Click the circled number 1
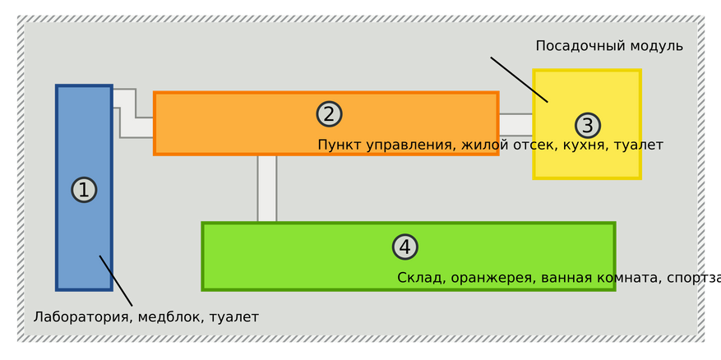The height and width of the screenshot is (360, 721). coord(84,190)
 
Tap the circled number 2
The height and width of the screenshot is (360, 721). coord(329,114)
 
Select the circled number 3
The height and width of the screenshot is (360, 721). coord(587,126)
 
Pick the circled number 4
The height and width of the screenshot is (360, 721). coord(404,247)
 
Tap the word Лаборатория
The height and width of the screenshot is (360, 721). coord(81,317)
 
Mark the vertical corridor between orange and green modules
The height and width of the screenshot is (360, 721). coord(267,188)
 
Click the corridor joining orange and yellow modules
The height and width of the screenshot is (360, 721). coord(515,124)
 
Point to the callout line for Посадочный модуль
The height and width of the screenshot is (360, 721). coord(519,80)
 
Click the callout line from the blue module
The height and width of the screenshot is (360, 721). coord(116,281)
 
